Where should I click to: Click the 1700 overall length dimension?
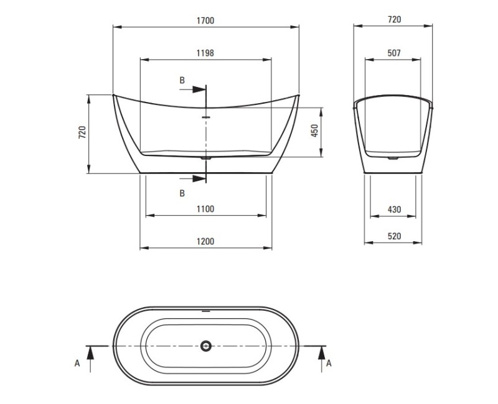point(205,20)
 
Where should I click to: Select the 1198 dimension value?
point(205,53)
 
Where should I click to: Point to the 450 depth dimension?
point(314,131)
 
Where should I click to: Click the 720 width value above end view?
point(394,20)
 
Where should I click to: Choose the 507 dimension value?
point(394,53)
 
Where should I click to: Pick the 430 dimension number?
point(394,209)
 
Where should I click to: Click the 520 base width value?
point(394,236)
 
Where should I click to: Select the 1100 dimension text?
point(205,209)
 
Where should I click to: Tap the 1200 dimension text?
point(205,241)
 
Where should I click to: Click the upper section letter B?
point(182,81)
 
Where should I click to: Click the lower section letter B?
point(182,193)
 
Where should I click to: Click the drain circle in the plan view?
point(205,346)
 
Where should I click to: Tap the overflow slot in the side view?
point(205,116)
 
